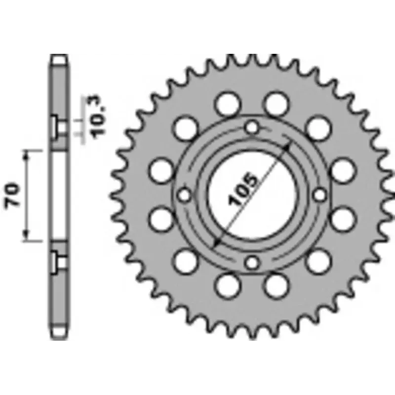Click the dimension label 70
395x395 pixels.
13,195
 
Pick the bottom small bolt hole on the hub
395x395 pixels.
252,262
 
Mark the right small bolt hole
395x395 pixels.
319,194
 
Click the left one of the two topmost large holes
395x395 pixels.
227,104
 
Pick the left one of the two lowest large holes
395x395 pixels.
227,285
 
